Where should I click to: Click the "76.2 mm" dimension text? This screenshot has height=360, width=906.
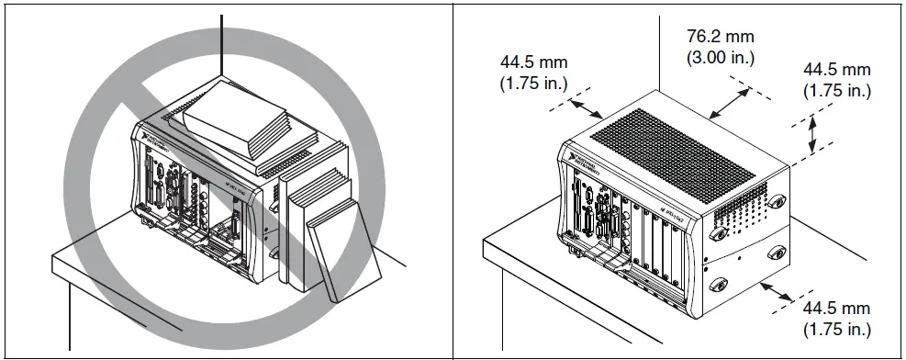coord(720,36)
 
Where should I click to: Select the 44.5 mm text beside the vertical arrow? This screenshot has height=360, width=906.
coord(836,71)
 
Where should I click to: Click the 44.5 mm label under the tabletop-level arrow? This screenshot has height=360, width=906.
coord(836,309)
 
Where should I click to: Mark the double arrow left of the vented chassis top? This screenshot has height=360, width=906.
coord(584,111)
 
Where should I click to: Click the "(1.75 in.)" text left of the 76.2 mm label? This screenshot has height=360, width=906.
coord(534,83)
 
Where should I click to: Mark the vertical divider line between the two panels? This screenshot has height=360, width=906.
coord(453,180)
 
